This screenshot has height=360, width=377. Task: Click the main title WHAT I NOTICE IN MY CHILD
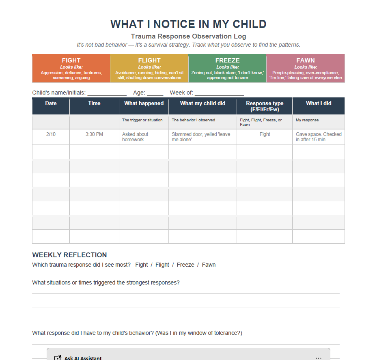[188, 24]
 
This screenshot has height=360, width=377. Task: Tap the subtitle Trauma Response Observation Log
[188, 36]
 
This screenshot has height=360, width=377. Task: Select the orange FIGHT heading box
[71, 60]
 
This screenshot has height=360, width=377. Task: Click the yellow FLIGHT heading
[149, 60]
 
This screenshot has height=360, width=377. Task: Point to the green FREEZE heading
[227, 60]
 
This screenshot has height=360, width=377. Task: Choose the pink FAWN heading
[306, 60]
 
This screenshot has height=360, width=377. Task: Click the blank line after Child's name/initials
[107, 93]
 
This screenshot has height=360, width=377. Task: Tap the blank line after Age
[155, 93]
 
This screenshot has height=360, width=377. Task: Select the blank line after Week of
[219, 93]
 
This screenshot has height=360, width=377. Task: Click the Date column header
[51, 103]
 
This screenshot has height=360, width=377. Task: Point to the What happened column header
[144, 103]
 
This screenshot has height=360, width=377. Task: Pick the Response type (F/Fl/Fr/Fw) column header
[265, 106]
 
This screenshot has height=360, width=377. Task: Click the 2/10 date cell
[51, 134]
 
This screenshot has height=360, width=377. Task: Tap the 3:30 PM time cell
[94, 134]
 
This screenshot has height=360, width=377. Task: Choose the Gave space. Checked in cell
[319, 137]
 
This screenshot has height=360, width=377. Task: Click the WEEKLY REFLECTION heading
[69, 255]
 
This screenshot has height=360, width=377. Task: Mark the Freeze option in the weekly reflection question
[185, 265]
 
